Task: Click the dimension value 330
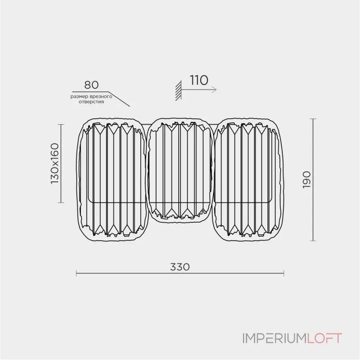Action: (x=180, y=267)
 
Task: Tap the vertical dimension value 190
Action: (x=307, y=180)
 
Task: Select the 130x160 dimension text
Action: (x=54, y=163)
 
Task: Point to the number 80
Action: (x=91, y=85)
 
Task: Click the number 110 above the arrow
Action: (x=199, y=80)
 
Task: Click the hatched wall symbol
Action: (x=178, y=90)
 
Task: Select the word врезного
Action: (x=101, y=96)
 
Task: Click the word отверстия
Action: (x=91, y=102)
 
